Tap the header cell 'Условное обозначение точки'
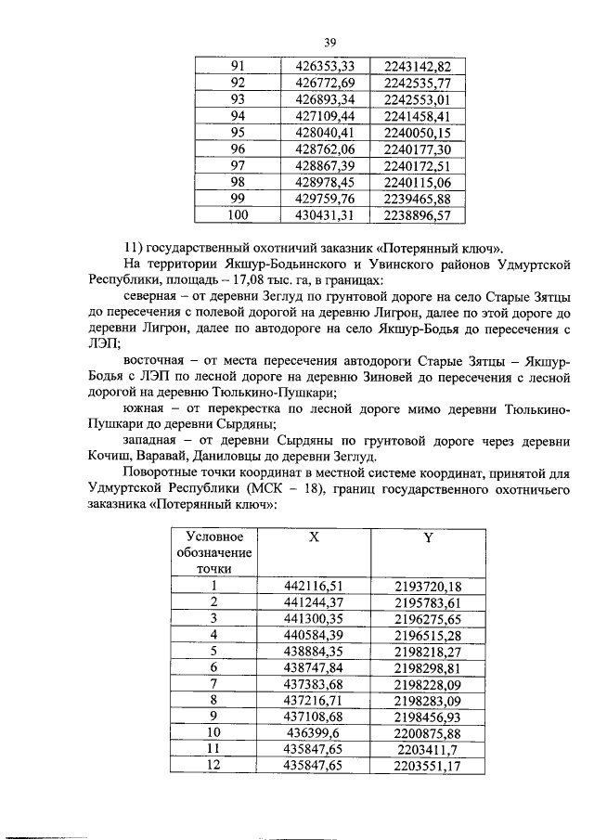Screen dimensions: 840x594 pyautogui.click(x=214, y=552)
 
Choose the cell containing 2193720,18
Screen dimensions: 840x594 pyautogui.click(x=428, y=585)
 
